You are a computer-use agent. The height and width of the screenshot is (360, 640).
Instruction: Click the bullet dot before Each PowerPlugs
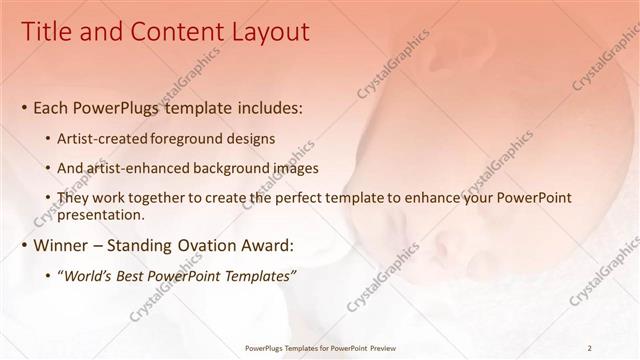pyautogui.click(x=24, y=106)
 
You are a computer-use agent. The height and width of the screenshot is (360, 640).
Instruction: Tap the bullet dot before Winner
pyautogui.click(x=24, y=245)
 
